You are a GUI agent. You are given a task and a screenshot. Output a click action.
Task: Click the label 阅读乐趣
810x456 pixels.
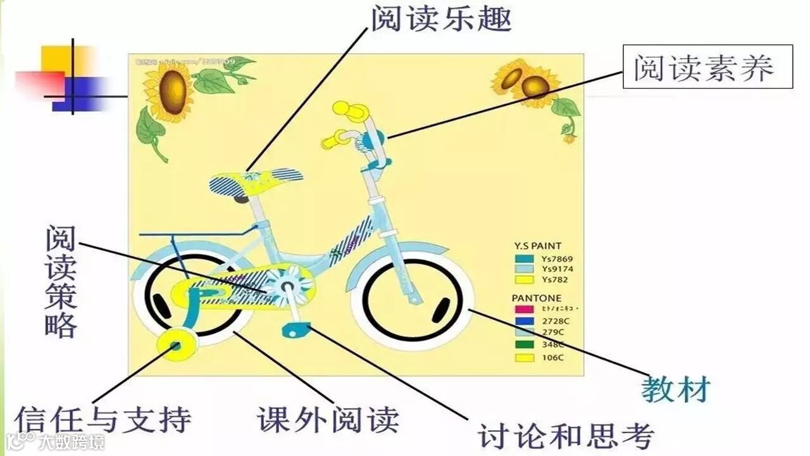point(440,19)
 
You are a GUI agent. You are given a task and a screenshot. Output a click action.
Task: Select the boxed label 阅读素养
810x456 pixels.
point(707,66)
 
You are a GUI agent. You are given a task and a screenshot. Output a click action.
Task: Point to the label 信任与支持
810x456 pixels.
point(103,420)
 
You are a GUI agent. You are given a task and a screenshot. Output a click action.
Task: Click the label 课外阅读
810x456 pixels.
point(328,419)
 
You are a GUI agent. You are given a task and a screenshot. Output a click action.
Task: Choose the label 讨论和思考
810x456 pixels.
point(565,435)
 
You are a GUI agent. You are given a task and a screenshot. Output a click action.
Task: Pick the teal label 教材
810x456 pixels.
point(676,389)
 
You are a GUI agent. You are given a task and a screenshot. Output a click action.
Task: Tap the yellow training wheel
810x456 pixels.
point(176,345)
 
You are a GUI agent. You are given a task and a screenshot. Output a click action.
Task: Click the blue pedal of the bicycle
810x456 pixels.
point(296,329)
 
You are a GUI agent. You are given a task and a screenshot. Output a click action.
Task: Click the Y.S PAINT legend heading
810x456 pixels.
point(537,246)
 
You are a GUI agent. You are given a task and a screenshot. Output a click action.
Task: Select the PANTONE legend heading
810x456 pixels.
point(536,298)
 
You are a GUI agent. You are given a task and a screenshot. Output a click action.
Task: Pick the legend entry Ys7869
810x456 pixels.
point(557,259)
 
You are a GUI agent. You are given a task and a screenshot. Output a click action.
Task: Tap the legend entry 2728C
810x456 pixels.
point(552,321)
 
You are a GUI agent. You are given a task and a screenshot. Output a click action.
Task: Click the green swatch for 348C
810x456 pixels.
point(525,345)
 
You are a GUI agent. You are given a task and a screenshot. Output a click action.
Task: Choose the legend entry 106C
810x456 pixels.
point(552,358)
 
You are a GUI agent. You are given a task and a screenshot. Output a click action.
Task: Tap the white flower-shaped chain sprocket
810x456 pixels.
point(288,286)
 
